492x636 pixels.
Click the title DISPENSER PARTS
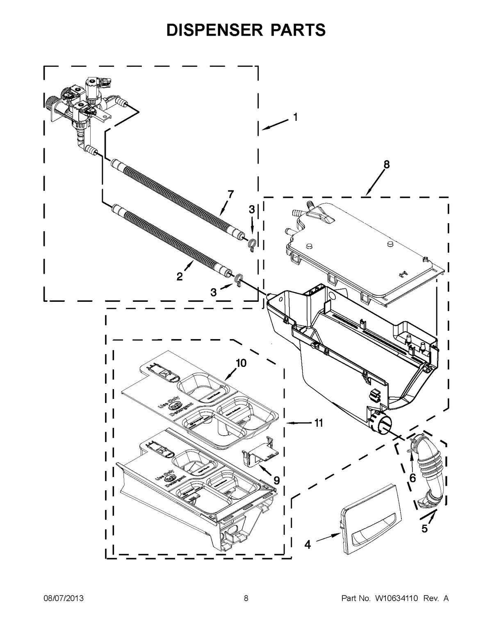point(246,30)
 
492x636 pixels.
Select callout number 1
point(295,118)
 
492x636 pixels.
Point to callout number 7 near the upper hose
point(231,195)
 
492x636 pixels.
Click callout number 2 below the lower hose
point(180,277)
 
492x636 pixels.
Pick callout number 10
point(241,363)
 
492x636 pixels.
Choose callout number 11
point(318,423)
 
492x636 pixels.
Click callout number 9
point(277,480)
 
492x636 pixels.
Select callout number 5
point(425,529)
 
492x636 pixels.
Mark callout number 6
point(412,478)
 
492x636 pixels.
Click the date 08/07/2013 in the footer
point(64,599)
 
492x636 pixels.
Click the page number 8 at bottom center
point(246,599)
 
